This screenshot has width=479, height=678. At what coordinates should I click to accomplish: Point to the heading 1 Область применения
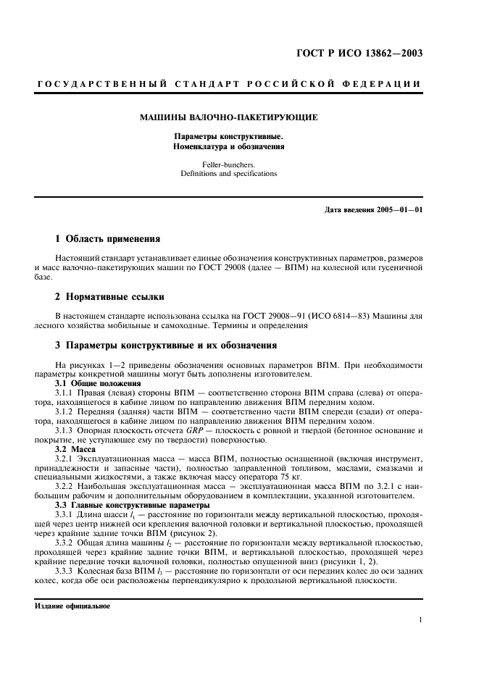click(x=108, y=238)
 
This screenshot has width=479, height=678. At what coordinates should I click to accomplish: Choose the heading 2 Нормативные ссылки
click(x=109, y=296)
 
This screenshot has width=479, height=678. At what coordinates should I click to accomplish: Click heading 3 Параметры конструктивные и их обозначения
click(x=166, y=346)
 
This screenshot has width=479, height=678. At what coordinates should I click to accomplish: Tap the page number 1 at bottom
click(x=420, y=619)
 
